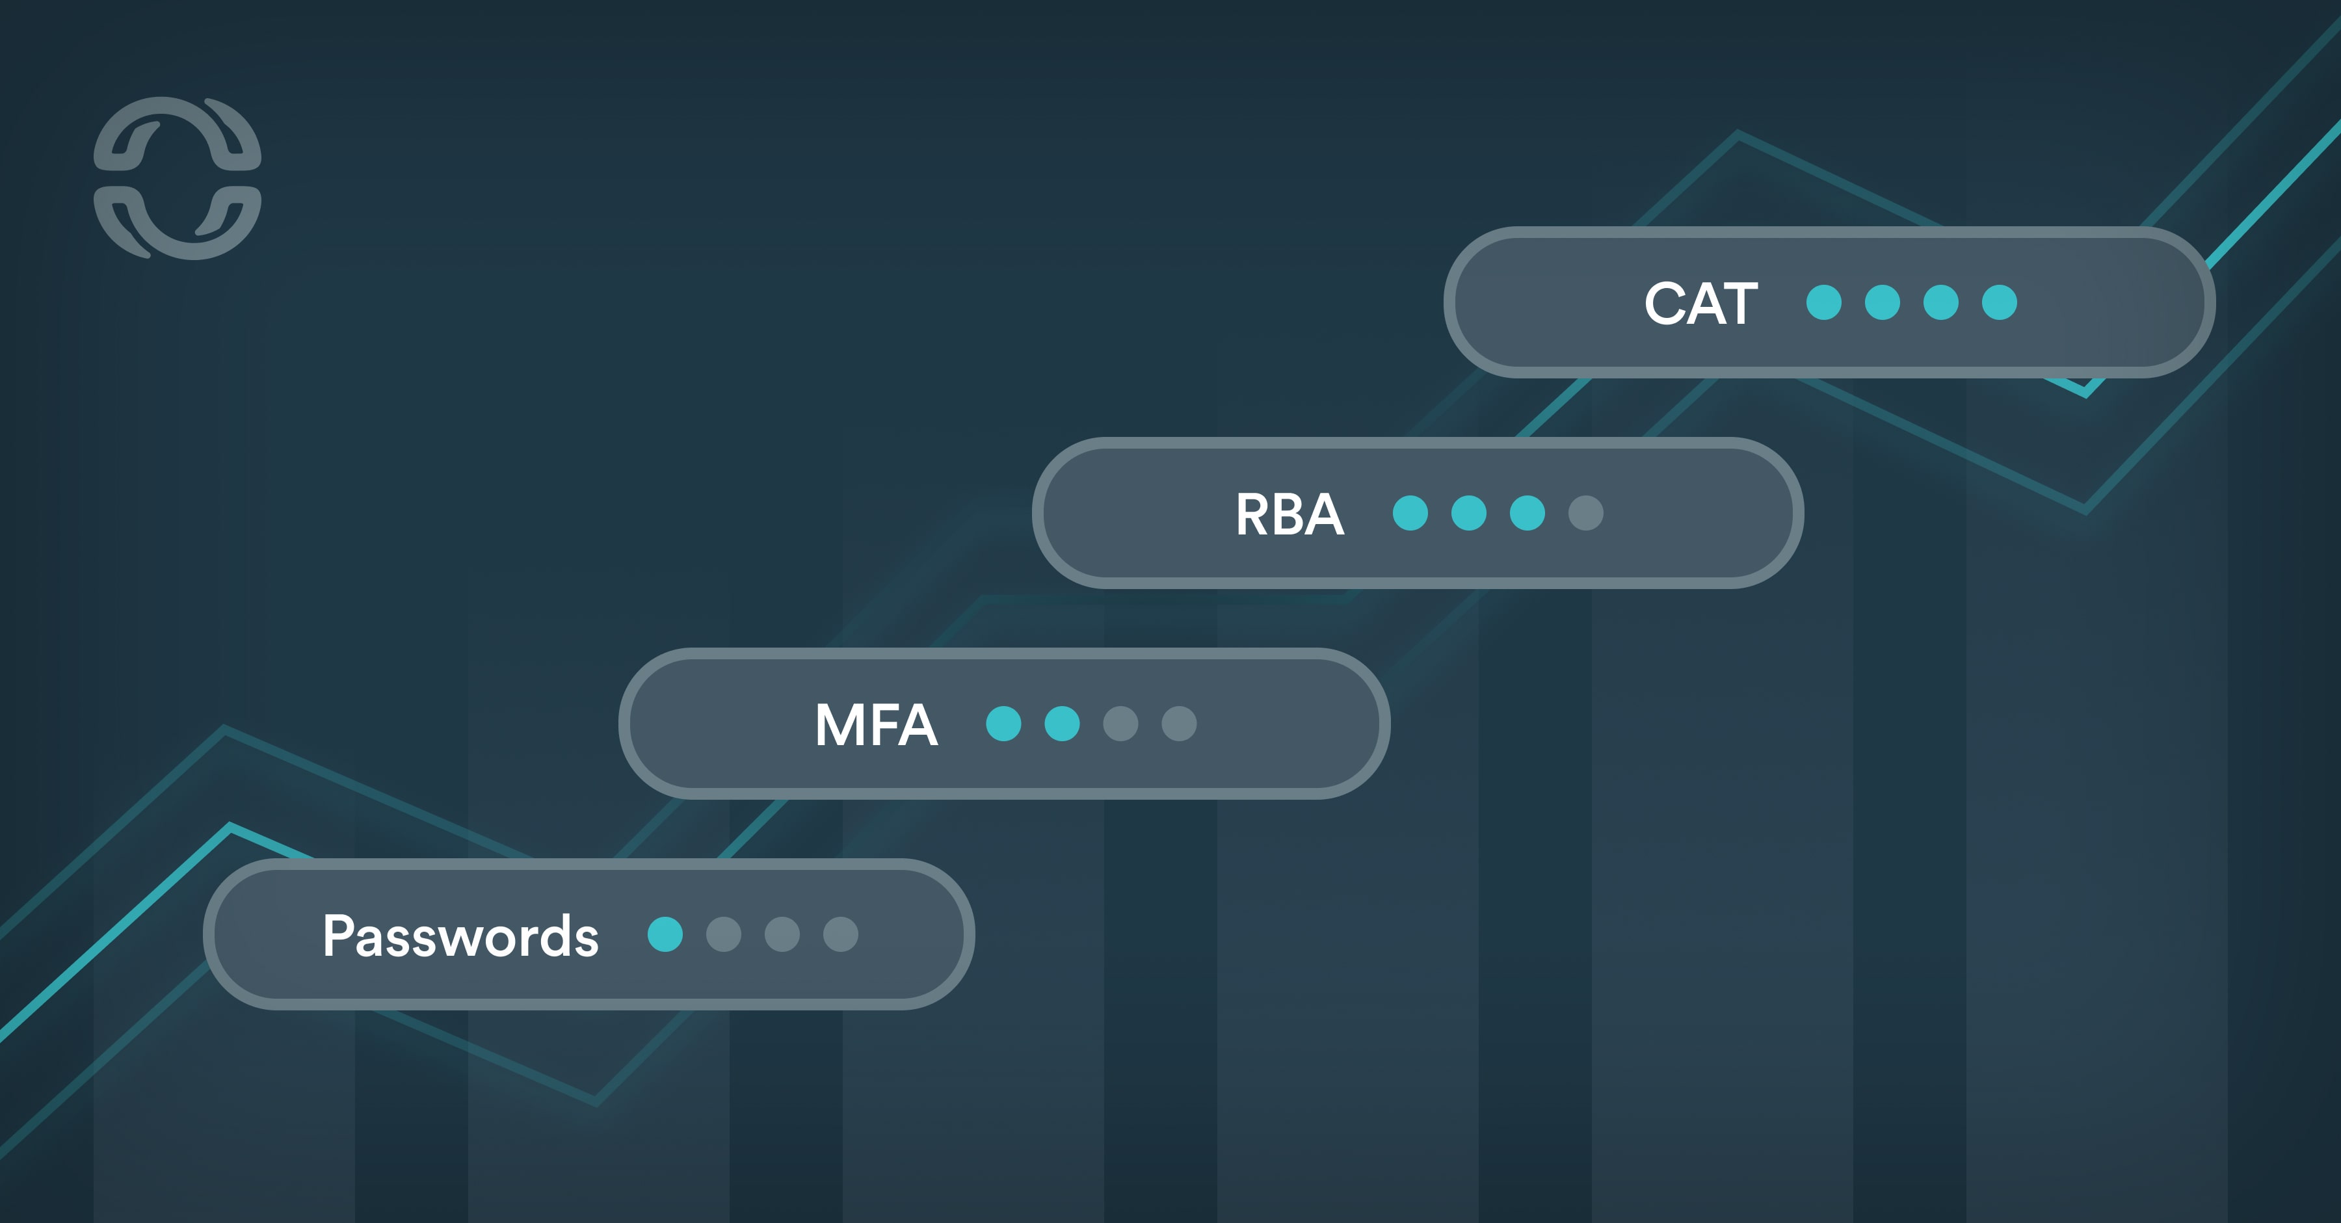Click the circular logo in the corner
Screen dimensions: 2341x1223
click(178, 178)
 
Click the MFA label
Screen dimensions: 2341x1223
click(876, 725)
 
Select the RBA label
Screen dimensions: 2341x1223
click(1289, 514)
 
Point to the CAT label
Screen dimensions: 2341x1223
click(1700, 304)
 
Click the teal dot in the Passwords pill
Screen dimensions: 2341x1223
click(665, 934)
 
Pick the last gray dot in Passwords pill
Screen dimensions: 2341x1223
click(841, 934)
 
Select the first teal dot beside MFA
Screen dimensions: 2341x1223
click(1003, 723)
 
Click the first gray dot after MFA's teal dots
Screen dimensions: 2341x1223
click(1120, 723)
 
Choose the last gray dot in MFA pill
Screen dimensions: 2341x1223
click(1180, 723)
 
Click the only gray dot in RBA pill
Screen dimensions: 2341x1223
click(1586, 512)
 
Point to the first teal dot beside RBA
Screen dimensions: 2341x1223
click(1410, 512)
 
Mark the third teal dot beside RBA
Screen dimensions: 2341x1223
click(1528, 512)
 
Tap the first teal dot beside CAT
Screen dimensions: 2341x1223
click(1824, 302)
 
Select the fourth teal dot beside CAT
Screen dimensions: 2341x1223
click(2000, 302)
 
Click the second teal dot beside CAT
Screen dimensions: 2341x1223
click(1882, 302)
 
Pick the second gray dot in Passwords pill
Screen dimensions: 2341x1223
click(782, 934)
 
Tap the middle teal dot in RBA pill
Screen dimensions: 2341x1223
click(1468, 512)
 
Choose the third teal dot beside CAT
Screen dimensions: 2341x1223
click(1941, 302)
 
